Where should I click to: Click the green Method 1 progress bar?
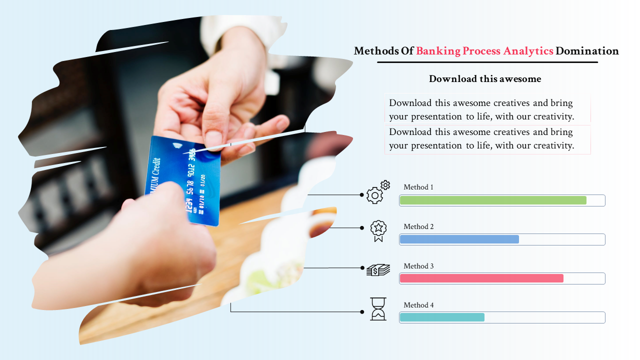point(493,200)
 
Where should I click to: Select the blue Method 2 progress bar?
point(459,239)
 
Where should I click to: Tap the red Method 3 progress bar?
point(481,278)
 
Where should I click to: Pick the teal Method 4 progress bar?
point(442,317)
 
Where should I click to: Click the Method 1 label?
point(418,187)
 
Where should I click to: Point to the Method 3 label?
point(418,266)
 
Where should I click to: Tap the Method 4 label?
point(418,305)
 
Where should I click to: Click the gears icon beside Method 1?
point(378,192)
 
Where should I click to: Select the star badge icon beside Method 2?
point(378,231)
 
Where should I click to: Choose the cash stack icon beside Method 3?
point(378,269)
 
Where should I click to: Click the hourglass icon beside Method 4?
point(378,309)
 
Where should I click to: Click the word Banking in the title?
point(438,51)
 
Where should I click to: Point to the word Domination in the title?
point(587,51)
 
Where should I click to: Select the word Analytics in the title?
point(528,51)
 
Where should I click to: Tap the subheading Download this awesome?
point(485,79)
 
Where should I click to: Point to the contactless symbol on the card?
point(177,145)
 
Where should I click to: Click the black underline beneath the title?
point(487,62)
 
